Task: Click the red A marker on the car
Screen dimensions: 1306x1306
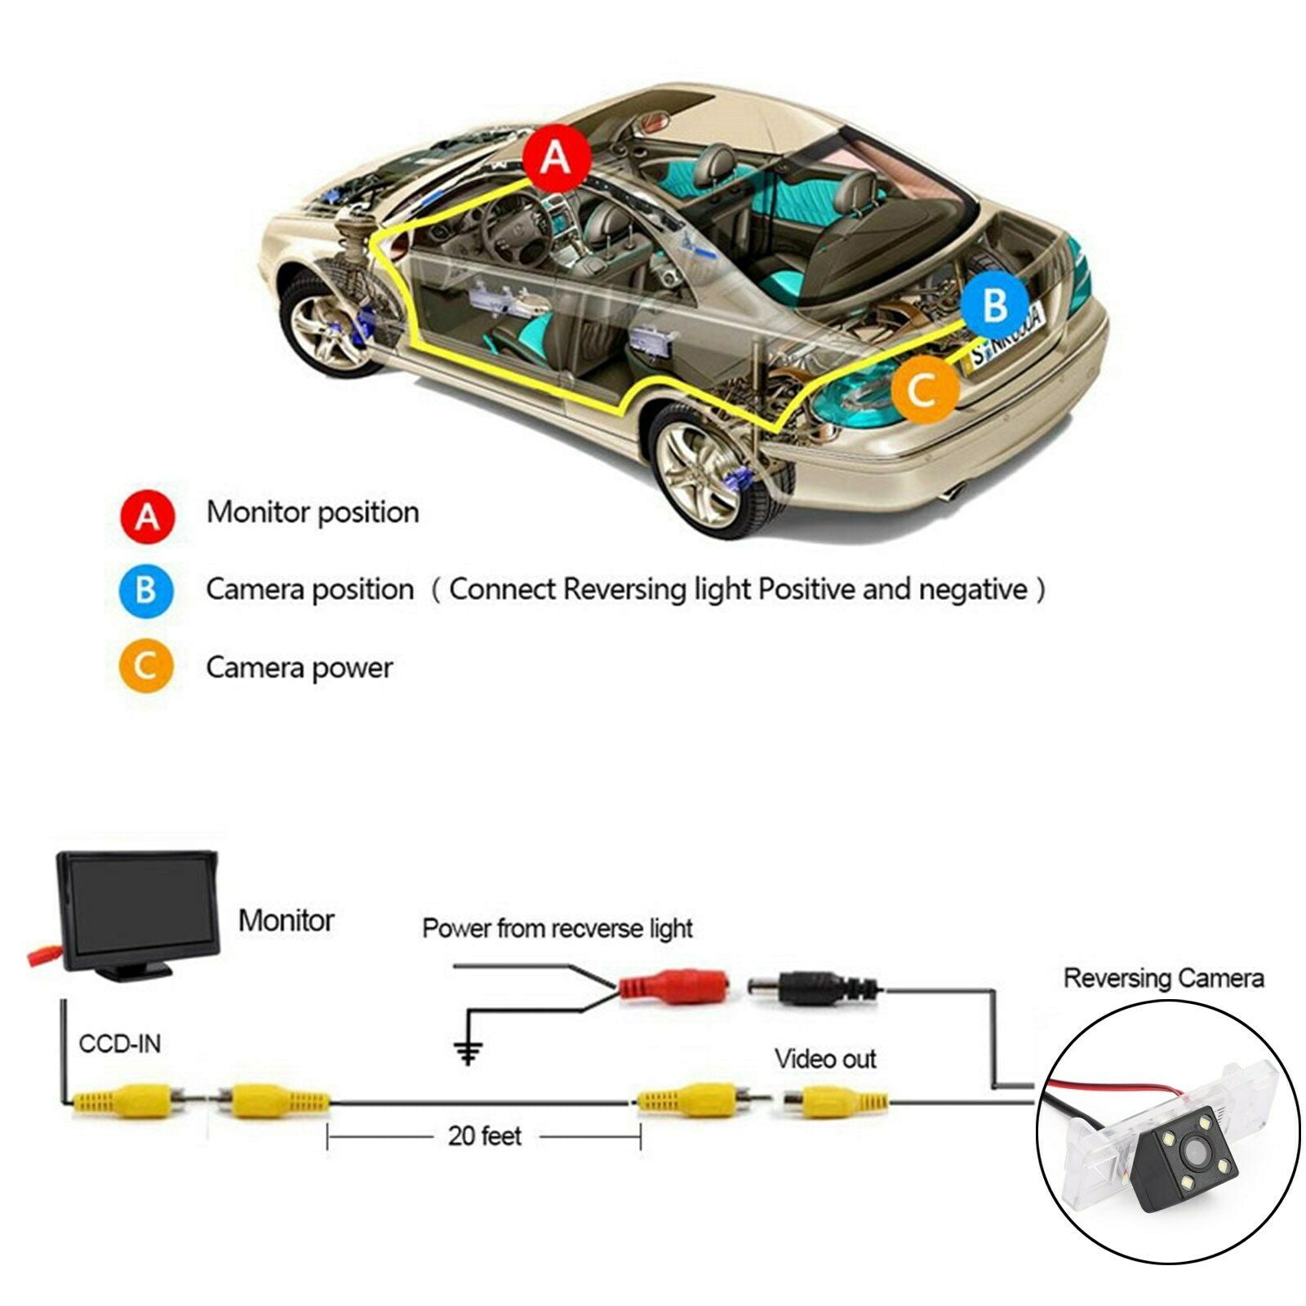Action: point(557,157)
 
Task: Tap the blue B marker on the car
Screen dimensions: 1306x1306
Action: point(994,305)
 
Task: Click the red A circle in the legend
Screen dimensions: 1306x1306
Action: point(148,517)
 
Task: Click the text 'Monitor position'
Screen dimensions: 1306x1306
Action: point(313,513)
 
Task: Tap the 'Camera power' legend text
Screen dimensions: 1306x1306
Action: point(300,668)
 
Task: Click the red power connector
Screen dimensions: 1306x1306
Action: point(673,986)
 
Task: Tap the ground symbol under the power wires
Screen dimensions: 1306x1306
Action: point(468,1053)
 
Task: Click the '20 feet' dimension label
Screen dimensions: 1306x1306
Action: point(484,1135)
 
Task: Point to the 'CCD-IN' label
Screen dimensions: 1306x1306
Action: point(120,1044)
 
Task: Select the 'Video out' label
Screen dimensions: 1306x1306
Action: point(825,1059)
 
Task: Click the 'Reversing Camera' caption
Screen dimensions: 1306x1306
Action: point(1163,979)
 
